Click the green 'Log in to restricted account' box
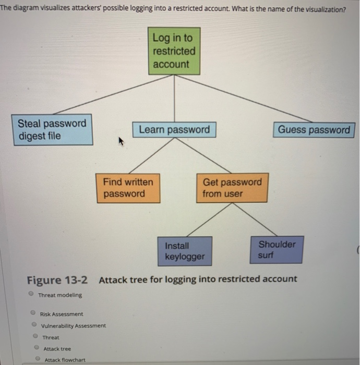pyautogui.click(x=174, y=51)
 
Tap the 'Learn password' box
pyautogui.click(x=174, y=130)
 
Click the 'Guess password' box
pyautogui.click(x=314, y=130)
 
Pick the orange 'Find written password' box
pyautogui.click(x=128, y=188)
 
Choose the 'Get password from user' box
pyautogui.click(x=232, y=188)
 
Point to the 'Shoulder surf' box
pyautogui.click(x=277, y=250)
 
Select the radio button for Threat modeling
pyautogui.click(x=32, y=295)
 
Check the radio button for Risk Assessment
pyautogui.click(x=32, y=313)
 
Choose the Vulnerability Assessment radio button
pyautogui.click(x=34, y=325)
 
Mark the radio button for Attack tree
pyautogui.click(x=35, y=348)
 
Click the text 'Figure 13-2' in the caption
pyautogui.click(x=57, y=279)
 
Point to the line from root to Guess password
pyautogui.click(x=245, y=98)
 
